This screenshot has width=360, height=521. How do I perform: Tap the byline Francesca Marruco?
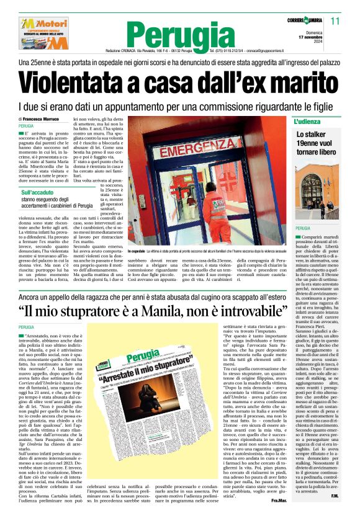pyautogui.click(x=43, y=118)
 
